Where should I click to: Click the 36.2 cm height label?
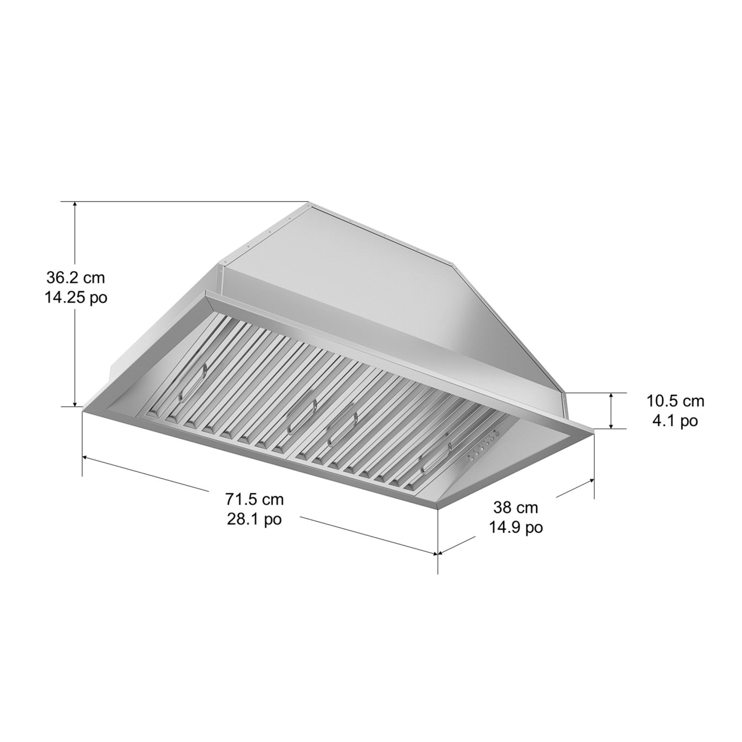pyautogui.click(x=76, y=278)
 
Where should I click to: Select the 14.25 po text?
pyautogui.click(x=76, y=298)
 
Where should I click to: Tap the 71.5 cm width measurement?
pyautogui.click(x=254, y=499)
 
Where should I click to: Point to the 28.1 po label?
pyautogui.click(x=254, y=519)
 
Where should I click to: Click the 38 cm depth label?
pyautogui.click(x=515, y=507)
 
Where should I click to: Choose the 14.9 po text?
pyautogui.click(x=515, y=527)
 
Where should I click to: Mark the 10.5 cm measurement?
pyautogui.click(x=675, y=401)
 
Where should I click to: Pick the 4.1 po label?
pyautogui.click(x=675, y=421)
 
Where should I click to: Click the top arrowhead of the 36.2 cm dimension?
pyautogui.click(x=75, y=204)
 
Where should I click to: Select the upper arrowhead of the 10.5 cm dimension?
pyautogui.click(x=612, y=396)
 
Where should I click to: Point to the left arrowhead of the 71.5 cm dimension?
pyautogui.click(x=85, y=458)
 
